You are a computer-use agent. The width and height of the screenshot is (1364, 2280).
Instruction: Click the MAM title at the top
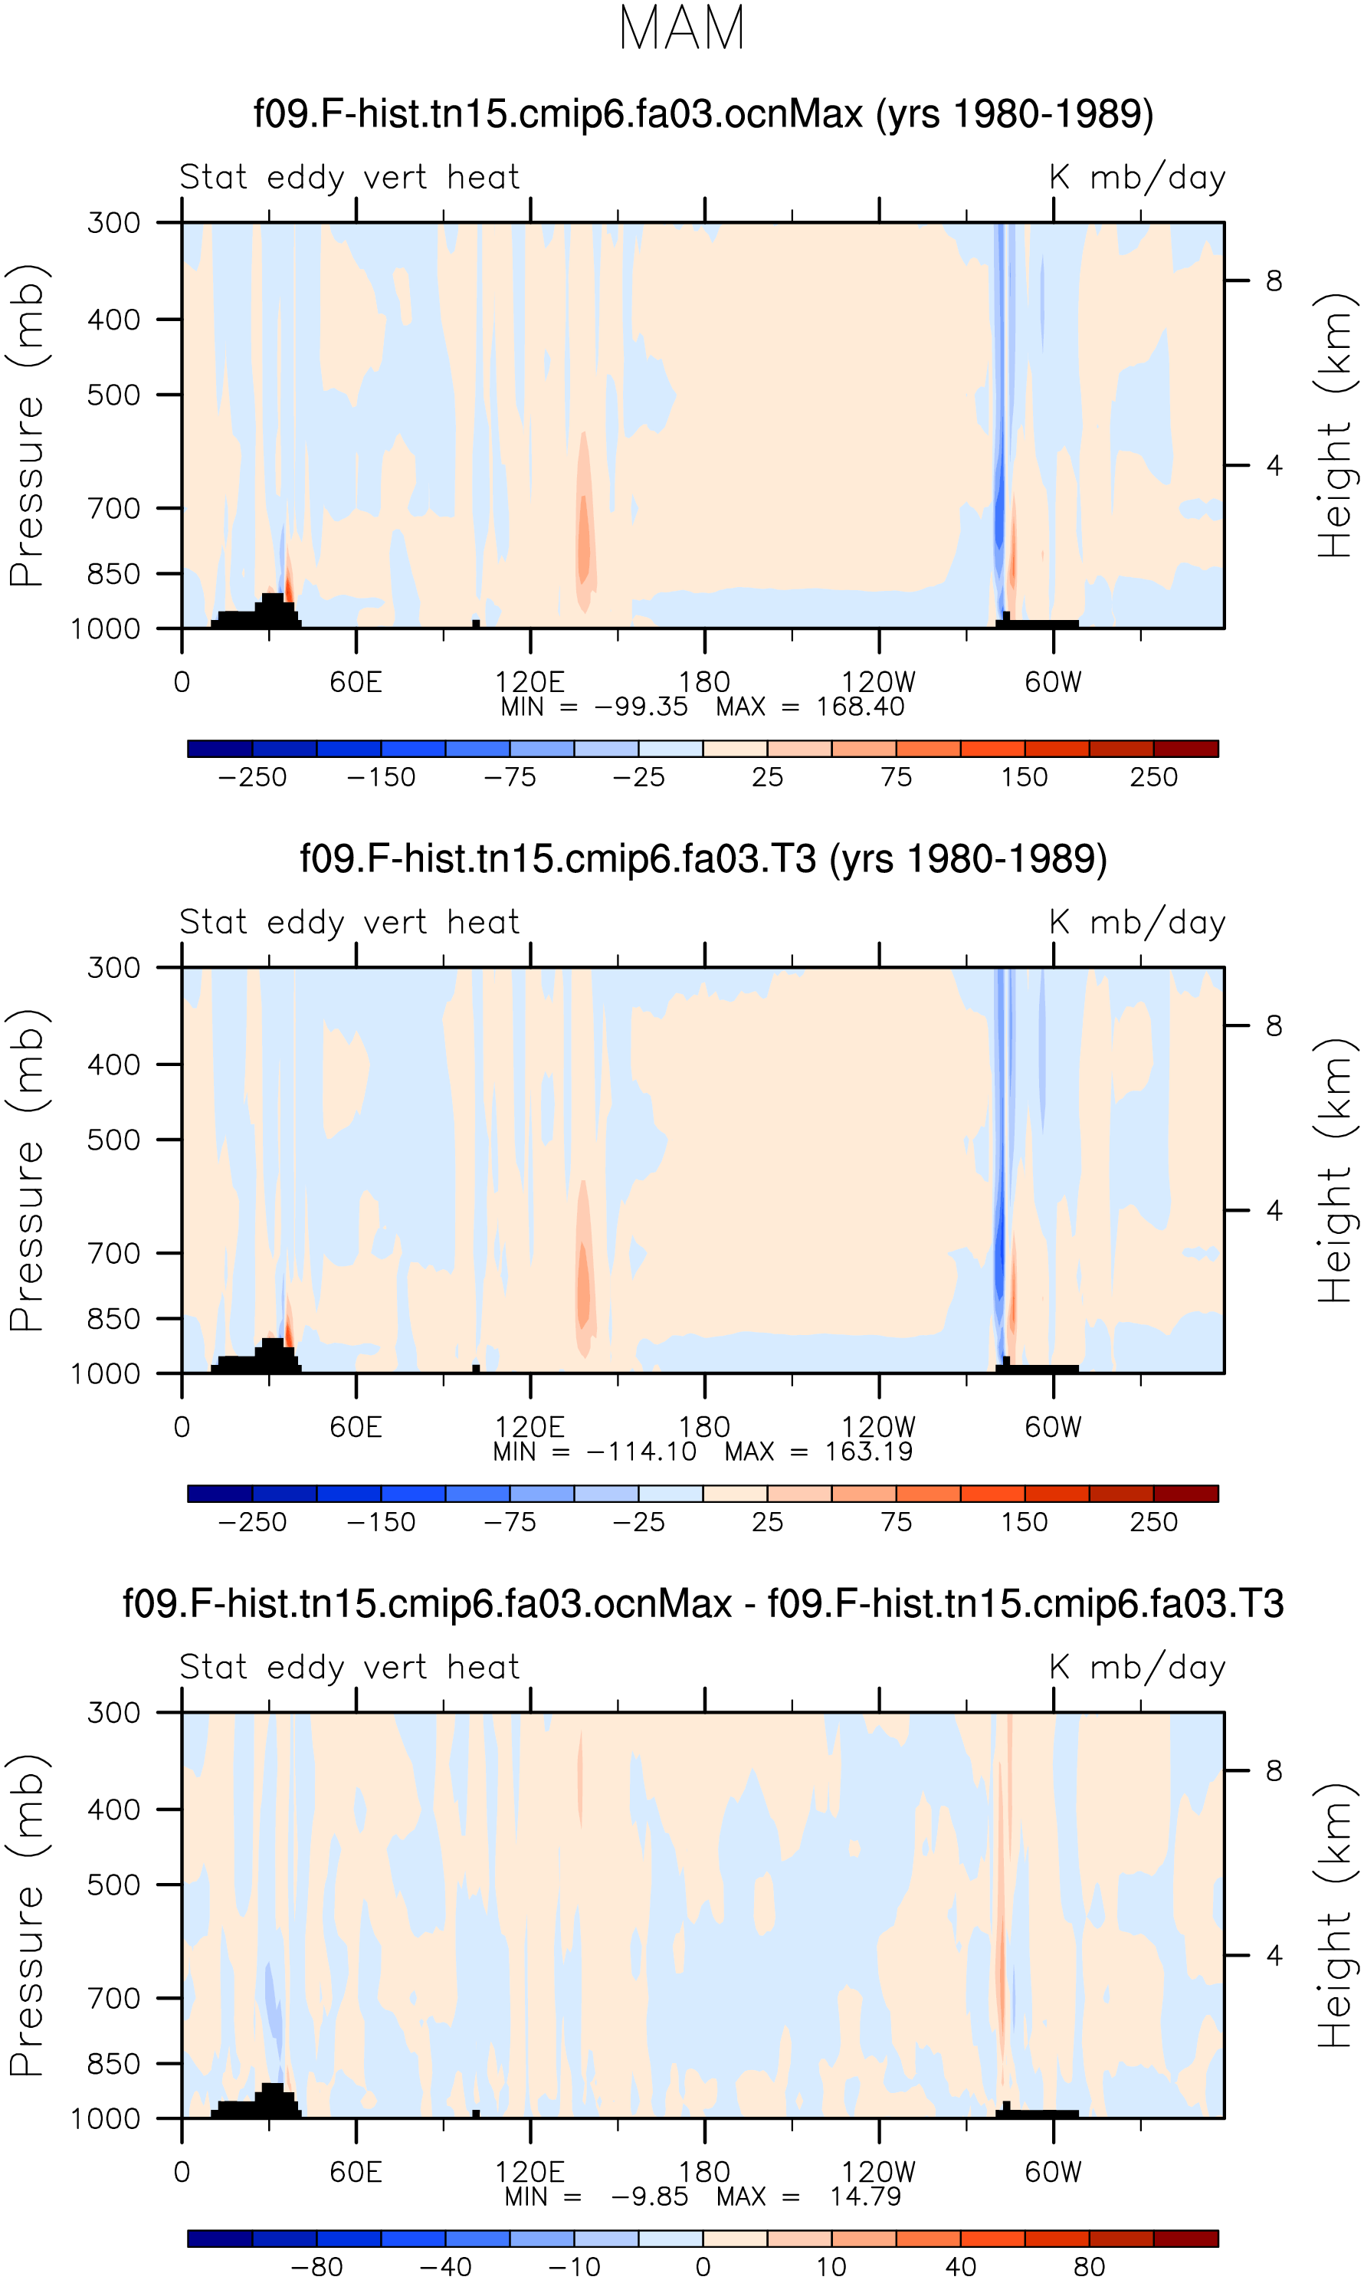coord(681,28)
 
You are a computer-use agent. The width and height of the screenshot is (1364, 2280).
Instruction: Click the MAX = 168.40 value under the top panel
coord(810,707)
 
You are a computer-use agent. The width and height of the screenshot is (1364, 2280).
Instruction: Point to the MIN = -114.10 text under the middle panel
coord(595,1452)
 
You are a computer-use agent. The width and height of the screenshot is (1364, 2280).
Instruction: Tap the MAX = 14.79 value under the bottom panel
coord(809,2196)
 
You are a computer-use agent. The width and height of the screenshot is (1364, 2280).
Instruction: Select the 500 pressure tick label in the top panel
coord(114,395)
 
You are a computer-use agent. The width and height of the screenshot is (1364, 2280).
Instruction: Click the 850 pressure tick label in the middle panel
coord(114,1319)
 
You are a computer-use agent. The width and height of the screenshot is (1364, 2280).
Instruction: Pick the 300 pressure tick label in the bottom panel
coord(114,1712)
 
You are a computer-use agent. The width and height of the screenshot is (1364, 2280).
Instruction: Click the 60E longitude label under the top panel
coord(356,682)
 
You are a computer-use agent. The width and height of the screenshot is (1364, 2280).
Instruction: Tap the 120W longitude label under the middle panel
coord(879,1427)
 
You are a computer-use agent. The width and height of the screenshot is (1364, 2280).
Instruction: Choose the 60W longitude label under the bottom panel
coord(1054,2172)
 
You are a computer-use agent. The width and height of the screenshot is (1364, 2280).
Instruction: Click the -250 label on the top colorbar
coord(252,777)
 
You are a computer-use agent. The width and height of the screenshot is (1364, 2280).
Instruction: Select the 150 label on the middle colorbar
coord(1024,1522)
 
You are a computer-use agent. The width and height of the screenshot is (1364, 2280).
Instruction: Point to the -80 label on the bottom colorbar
coord(316,2266)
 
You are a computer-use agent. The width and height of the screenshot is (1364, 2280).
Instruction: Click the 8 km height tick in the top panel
coord(1273,280)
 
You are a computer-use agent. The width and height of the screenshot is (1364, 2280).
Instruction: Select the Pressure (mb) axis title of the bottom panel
coord(28,1915)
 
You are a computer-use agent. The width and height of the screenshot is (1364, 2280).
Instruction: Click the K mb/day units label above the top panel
coord(1138,176)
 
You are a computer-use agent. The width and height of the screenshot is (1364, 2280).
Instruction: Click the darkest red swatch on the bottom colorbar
coord(1185,2238)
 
